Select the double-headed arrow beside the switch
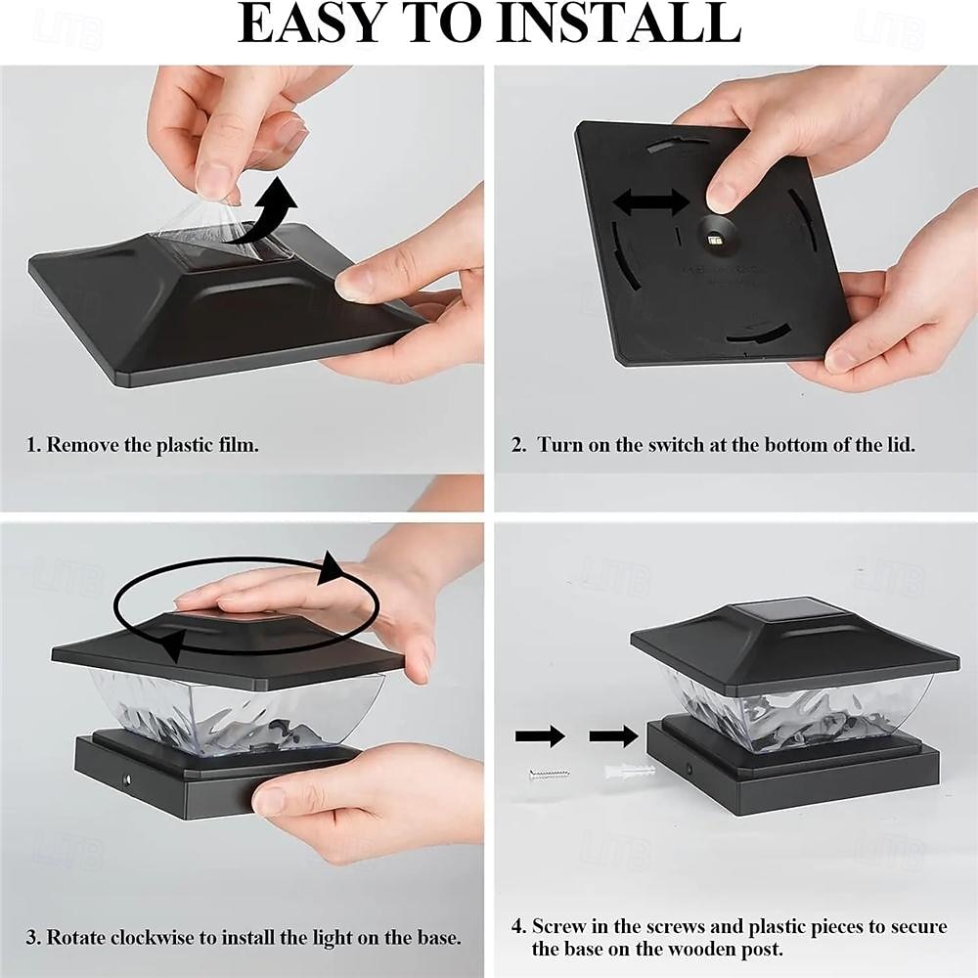click(x=651, y=202)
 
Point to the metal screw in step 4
click(x=550, y=776)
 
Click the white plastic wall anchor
click(x=630, y=771)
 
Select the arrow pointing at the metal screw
click(x=540, y=736)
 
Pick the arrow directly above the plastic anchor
click(x=614, y=736)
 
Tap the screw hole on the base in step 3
click(x=127, y=779)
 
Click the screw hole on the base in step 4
click(x=689, y=766)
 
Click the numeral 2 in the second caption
click(x=517, y=445)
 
